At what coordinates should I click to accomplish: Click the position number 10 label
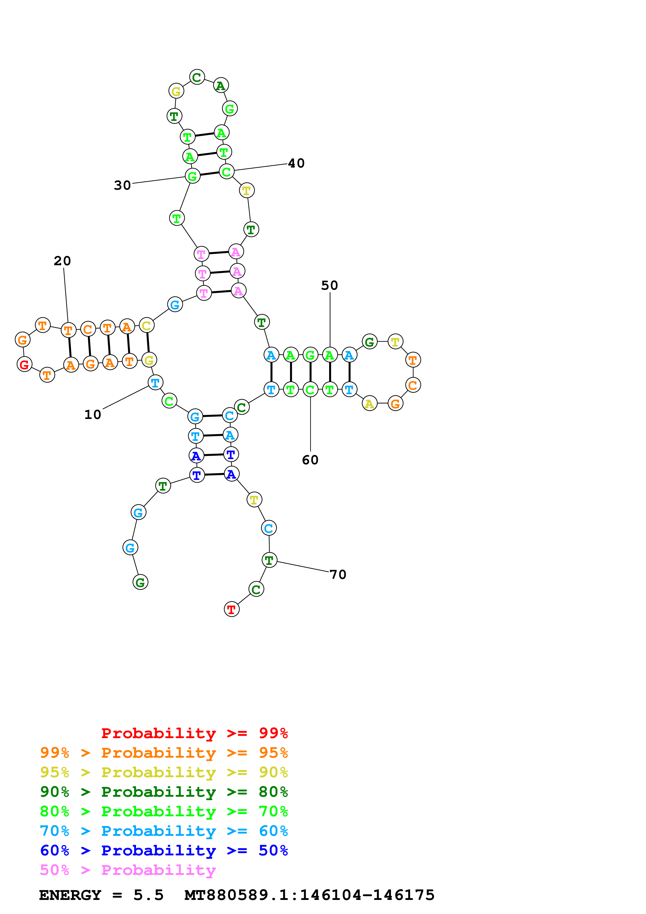[x=93, y=415]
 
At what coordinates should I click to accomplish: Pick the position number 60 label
[x=310, y=460]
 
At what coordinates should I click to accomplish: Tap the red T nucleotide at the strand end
[x=231, y=609]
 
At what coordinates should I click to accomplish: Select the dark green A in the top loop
[x=220, y=85]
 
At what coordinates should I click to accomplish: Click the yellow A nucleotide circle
[x=369, y=404]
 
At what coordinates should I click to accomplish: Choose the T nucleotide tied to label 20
[x=69, y=330]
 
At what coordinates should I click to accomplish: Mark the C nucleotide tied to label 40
[x=226, y=172]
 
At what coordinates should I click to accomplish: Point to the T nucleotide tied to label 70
[x=269, y=560]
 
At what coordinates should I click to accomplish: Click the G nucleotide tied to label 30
[x=192, y=176]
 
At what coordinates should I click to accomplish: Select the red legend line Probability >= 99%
[x=194, y=733]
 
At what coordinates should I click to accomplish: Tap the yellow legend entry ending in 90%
[x=164, y=772]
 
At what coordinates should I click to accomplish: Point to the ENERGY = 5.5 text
[x=101, y=895]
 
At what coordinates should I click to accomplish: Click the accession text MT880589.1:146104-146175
[x=309, y=895]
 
